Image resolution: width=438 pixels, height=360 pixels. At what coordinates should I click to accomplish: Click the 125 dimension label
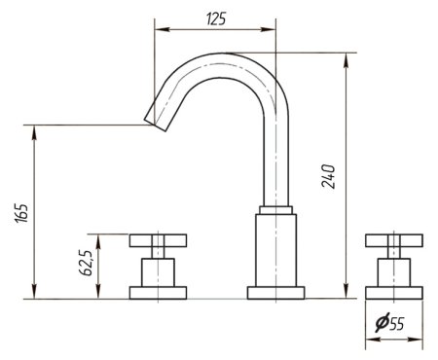[x=216, y=18]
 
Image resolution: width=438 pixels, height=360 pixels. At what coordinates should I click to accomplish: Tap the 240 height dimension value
[x=328, y=176]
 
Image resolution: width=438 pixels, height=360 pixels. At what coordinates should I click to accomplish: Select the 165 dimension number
[x=22, y=213]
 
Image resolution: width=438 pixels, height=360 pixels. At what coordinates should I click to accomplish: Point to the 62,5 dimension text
[x=87, y=263]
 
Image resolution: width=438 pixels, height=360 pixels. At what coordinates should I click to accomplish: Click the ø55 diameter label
[x=389, y=323]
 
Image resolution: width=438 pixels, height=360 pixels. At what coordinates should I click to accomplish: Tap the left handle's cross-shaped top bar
[x=158, y=240]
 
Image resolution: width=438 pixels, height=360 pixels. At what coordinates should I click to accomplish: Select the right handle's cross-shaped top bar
[x=394, y=240]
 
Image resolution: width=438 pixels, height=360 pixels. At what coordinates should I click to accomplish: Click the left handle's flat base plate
[x=158, y=293]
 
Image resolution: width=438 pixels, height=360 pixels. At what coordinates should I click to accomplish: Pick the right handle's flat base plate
[x=394, y=293]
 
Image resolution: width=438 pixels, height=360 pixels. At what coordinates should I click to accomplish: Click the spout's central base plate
[x=275, y=293]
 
